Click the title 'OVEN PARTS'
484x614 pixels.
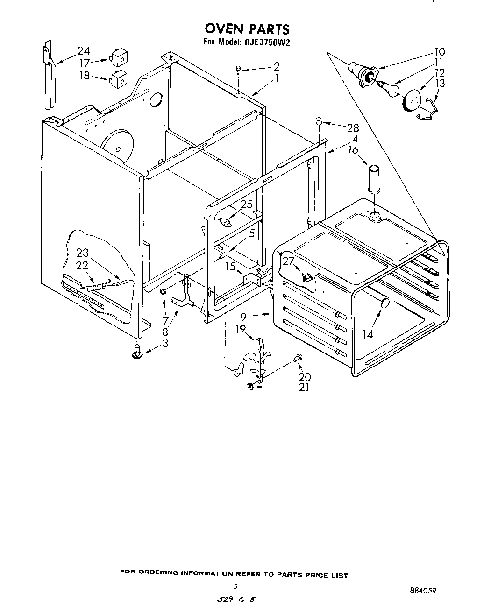(x=248, y=29)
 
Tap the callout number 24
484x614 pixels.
(x=84, y=51)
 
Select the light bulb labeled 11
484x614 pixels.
(x=387, y=88)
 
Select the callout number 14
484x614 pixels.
(x=368, y=335)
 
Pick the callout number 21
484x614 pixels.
(x=304, y=387)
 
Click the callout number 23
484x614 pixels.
(x=82, y=253)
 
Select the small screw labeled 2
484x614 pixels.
(x=239, y=70)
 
